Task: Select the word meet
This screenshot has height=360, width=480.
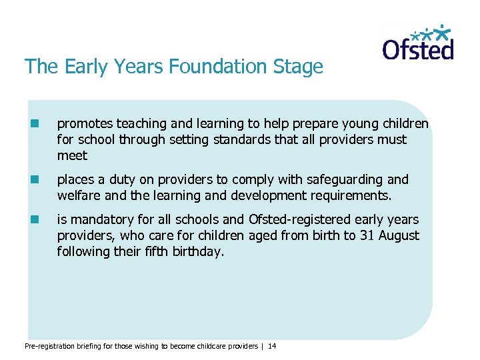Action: coord(72,155)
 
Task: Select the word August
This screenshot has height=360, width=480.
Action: coord(399,236)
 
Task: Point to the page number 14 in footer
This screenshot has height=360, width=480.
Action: coord(271,346)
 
